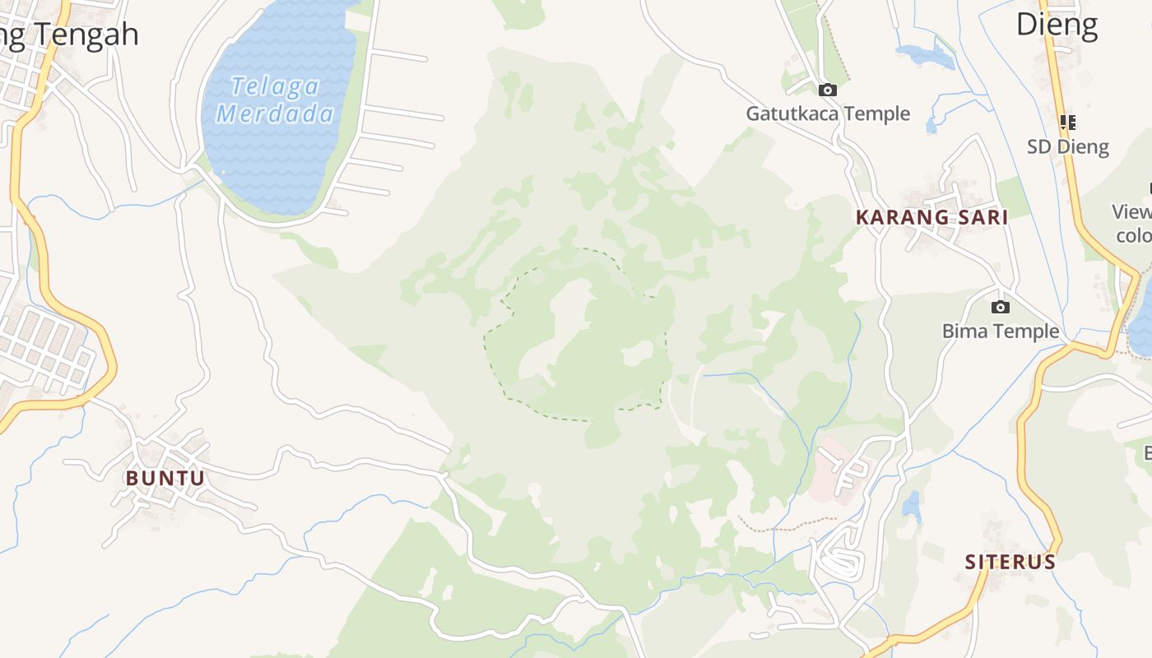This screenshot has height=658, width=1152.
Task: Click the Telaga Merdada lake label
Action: (x=276, y=99)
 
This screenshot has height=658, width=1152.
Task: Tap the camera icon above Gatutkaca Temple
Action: (x=828, y=90)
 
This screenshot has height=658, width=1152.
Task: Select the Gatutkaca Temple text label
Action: (x=828, y=114)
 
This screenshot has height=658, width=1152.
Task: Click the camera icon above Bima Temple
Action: (x=1001, y=307)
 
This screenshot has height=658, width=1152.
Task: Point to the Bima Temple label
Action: (x=1001, y=331)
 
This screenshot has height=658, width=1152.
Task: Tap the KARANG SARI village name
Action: (x=931, y=217)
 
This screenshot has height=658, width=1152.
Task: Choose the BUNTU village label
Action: (x=165, y=478)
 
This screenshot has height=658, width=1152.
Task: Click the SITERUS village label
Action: (x=1010, y=562)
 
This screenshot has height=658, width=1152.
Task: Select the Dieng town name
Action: (x=1057, y=25)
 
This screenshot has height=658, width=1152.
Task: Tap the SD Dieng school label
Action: (x=1068, y=147)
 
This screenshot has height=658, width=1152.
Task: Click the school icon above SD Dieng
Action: (x=1068, y=123)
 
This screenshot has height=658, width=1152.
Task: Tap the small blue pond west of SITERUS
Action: (x=911, y=504)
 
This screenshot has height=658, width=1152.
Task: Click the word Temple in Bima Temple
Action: (x=1024, y=331)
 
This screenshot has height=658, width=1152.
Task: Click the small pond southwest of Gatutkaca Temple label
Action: (x=931, y=126)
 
